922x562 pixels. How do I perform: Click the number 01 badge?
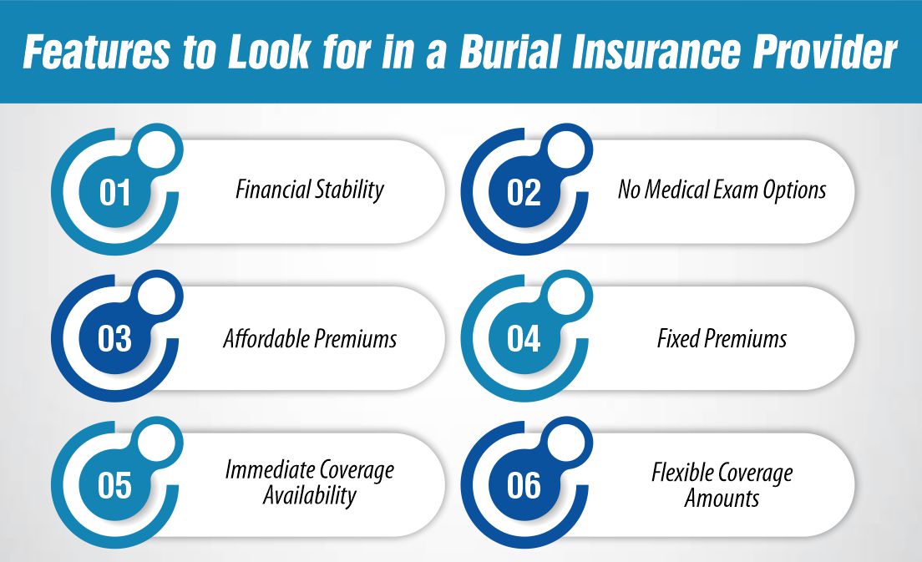click(x=115, y=193)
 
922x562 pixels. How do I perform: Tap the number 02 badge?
click(x=524, y=193)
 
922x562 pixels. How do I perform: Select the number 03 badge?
click(x=115, y=339)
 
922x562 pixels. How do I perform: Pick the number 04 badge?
click(x=524, y=339)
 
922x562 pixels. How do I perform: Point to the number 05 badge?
click(x=115, y=485)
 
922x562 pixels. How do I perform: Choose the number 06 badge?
click(x=524, y=485)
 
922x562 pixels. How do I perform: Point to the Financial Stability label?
click(x=309, y=190)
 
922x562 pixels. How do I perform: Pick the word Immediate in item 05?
click(x=263, y=471)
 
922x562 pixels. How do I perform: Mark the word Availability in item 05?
click(x=309, y=495)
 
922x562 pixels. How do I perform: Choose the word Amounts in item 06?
click(x=722, y=499)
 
